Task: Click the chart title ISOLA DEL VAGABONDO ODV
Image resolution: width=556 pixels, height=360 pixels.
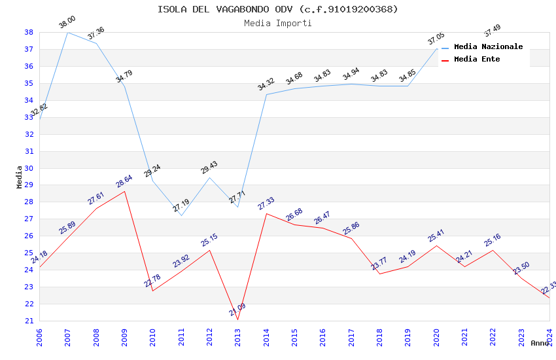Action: point(277,9)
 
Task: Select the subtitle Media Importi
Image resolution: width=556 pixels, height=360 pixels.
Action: point(277,23)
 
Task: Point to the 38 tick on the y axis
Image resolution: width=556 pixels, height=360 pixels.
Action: point(29,32)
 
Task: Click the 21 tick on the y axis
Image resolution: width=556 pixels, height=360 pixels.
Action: point(29,321)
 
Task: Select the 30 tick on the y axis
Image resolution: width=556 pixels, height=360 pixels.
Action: point(29,168)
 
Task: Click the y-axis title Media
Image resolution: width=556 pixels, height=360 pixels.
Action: point(19,177)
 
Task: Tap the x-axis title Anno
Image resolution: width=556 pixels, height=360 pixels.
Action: point(540,343)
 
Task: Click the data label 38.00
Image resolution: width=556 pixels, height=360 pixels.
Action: point(67,23)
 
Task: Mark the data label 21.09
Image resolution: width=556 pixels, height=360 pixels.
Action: point(237,310)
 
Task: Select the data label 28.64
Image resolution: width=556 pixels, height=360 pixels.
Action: point(124,181)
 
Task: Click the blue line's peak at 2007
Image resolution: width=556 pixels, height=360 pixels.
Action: point(67,32)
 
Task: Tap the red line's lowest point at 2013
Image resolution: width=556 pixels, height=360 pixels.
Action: point(237,319)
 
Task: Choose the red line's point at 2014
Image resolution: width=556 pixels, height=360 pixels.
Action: point(266,213)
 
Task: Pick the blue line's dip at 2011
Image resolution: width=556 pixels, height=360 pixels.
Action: point(181,215)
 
